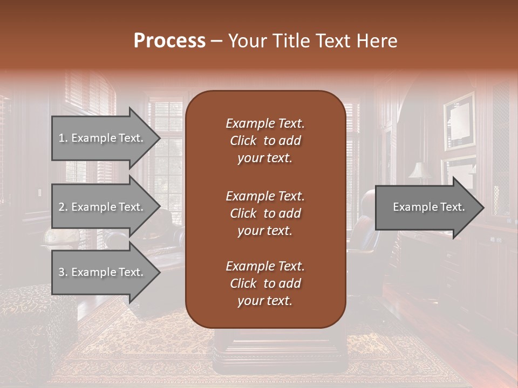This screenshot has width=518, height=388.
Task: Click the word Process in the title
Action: [x=169, y=41]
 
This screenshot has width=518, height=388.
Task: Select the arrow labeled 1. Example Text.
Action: [x=103, y=138]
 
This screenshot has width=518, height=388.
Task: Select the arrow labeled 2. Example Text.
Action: [x=103, y=207]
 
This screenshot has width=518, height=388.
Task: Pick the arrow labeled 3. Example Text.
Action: [x=103, y=272]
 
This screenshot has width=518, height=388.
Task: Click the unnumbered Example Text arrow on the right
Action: [x=426, y=207]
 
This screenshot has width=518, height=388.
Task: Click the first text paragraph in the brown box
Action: [x=265, y=141]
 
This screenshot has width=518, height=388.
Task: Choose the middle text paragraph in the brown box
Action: [x=265, y=213]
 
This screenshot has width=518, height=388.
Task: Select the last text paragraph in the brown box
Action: [x=265, y=283]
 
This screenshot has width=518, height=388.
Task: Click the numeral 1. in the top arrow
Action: [x=63, y=138]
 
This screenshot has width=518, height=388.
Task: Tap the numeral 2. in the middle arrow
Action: [x=63, y=207]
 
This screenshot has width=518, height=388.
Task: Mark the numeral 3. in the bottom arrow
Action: [x=63, y=272]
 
